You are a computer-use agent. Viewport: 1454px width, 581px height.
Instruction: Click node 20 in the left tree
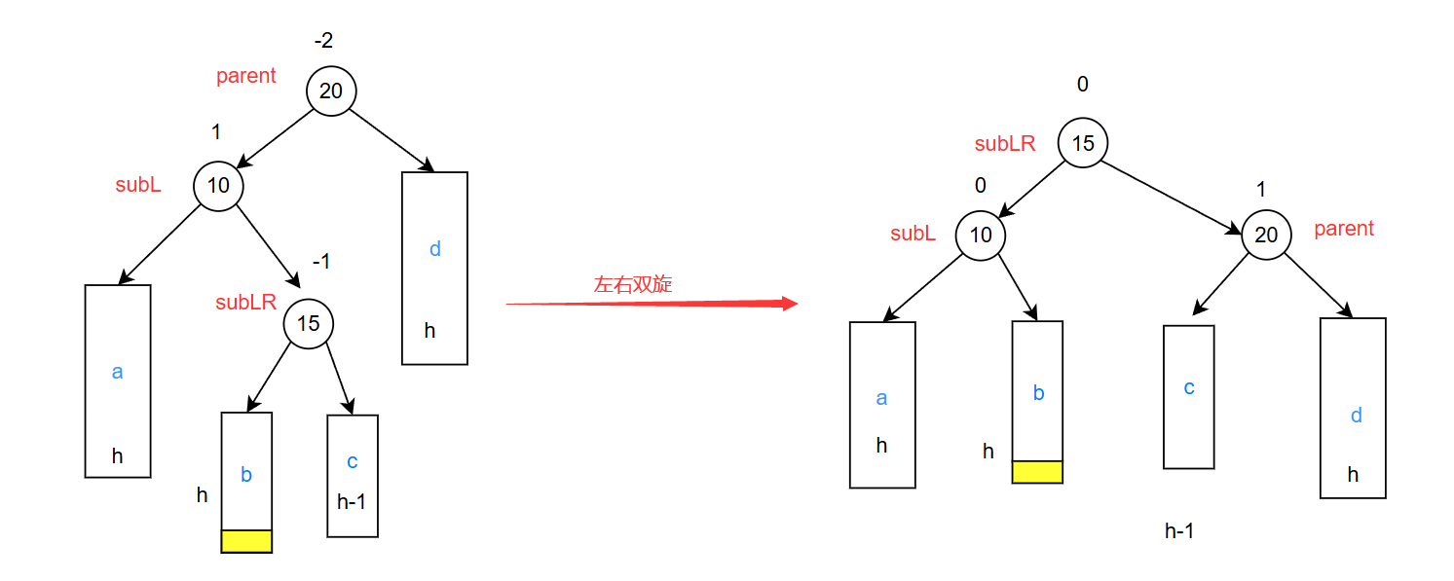(x=331, y=91)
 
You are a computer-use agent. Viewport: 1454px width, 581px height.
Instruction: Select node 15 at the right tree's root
(x=1083, y=144)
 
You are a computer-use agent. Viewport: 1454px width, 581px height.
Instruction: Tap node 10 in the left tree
(x=218, y=185)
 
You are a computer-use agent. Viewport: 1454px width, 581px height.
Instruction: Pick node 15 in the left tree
(x=308, y=323)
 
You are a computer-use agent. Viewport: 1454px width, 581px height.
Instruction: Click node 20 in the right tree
(x=1266, y=236)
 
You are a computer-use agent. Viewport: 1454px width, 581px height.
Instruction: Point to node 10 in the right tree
(x=981, y=236)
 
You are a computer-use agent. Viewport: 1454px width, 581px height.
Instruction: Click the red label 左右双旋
(x=633, y=285)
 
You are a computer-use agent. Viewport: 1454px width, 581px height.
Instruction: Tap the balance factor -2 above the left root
(x=323, y=41)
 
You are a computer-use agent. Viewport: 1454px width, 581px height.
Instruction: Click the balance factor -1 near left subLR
(x=321, y=262)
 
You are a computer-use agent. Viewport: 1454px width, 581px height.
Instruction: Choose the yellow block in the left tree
(x=246, y=541)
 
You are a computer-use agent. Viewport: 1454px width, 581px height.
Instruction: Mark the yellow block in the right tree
(x=1037, y=472)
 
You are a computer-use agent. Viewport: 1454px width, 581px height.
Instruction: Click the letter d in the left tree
(x=435, y=249)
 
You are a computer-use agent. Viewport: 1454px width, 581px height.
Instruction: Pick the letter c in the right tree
(x=1189, y=387)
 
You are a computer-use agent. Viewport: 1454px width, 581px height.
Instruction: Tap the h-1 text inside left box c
(x=352, y=502)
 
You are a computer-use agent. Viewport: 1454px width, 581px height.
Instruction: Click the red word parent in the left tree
(x=246, y=76)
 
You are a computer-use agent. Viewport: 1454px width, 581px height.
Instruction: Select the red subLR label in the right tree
(x=1005, y=144)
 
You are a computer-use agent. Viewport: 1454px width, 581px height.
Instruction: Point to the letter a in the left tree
(x=118, y=372)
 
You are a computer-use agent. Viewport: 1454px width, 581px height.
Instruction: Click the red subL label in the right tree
(x=913, y=234)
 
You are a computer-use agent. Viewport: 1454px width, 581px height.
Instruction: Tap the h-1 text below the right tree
(x=1179, y=531)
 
